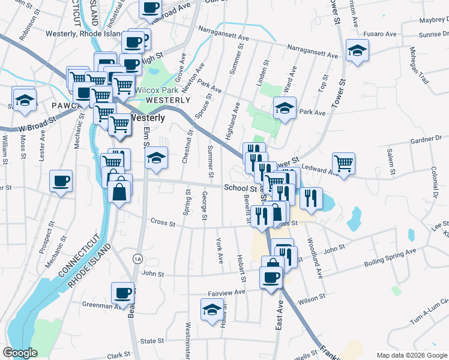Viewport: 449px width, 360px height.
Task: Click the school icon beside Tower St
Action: coord(357,52)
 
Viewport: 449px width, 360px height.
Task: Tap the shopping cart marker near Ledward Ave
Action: coord(343,163)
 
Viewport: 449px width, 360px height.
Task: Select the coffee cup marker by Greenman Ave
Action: coord(124,293)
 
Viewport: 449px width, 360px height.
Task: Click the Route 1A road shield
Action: coord(137,258)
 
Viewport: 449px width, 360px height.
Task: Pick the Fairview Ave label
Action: coord(226,292)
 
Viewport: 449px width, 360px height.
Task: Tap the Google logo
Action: coord(20,353)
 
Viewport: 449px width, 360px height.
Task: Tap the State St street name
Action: coord(152,341)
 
